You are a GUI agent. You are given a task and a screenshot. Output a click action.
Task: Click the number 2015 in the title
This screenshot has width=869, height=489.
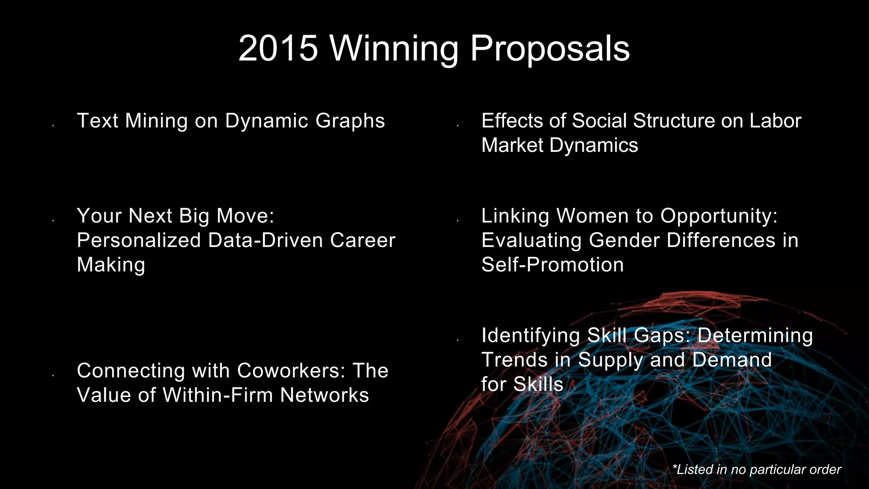[278, 48]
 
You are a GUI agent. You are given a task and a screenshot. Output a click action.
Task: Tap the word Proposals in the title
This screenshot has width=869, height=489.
[550, 48]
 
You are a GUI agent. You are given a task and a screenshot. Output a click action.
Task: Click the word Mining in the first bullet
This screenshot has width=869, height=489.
[156, 121]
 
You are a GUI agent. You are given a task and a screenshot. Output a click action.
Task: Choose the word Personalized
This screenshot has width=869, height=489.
[139, 240]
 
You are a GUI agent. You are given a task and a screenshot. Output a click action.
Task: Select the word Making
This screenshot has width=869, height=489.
[111, 265]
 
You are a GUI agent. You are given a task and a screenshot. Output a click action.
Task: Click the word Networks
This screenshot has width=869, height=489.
[325, 395]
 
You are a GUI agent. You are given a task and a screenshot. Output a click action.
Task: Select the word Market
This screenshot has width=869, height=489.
[512, 145]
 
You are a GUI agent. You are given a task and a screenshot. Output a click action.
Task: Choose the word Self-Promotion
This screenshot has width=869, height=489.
[552, 265]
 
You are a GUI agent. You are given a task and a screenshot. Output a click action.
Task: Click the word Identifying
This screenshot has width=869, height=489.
[531, 335]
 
